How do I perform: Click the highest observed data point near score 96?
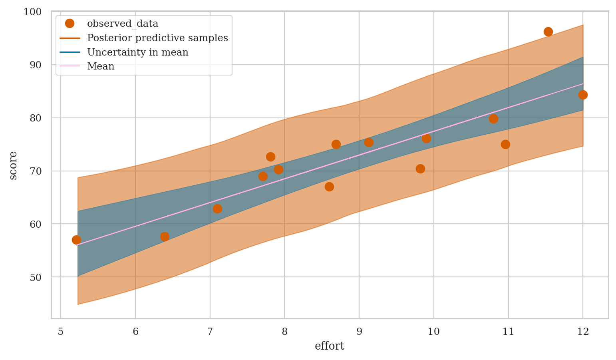[548, 32]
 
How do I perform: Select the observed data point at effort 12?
[583, 95]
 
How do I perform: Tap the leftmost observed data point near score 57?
[76, 240]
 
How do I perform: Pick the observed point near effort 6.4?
[165, 237]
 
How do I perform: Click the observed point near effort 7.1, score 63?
[217, 209]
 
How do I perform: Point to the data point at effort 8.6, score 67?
[329, 187]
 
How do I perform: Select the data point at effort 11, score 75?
[505, 144]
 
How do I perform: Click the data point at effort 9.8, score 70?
[420, 169]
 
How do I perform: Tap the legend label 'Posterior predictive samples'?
[157, 38]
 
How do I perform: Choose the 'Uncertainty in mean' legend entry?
[137, 52]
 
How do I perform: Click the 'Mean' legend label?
[101, 66]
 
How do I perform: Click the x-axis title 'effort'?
[330, 346]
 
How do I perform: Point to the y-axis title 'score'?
[13, 165]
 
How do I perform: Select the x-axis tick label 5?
[61, 331]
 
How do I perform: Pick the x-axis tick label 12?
[583, 331]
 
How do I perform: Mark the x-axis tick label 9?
[359, 331]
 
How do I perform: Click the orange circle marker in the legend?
[70, 24]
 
